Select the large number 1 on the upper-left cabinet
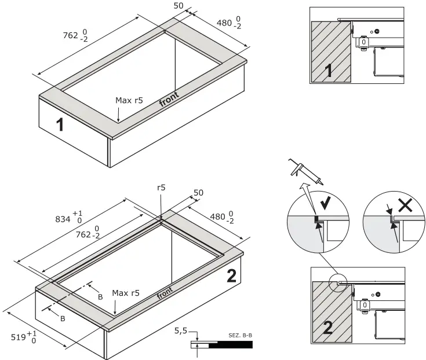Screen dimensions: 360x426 (x=60, y=124)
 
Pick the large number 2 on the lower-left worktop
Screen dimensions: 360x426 (x=231, y=277)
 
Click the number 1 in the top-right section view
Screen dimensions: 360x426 (x=327, y=71)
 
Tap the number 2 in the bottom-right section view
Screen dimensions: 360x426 (x=327, y=329)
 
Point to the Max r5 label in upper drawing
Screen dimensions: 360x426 (x=129, y=100)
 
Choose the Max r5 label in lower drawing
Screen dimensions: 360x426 (x=126, y=293)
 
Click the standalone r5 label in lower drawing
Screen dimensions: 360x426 (x=162, y=188)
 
